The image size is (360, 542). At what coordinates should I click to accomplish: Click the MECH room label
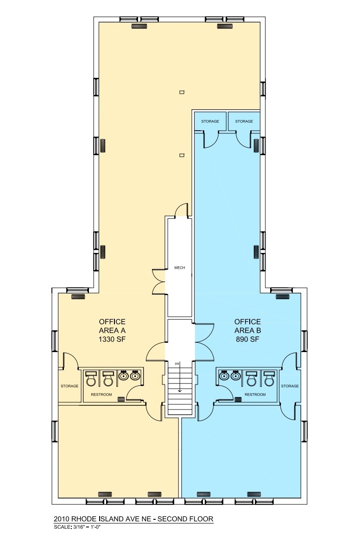[x=180, y=268]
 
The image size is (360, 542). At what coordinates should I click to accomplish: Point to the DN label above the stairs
[x=177, y=364]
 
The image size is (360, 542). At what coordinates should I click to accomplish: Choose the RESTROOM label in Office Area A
[x=101, y=394]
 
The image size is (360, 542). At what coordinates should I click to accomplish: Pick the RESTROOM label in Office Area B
[x=255, y=394]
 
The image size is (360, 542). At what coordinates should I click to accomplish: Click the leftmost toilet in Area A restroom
[x=91, y=378]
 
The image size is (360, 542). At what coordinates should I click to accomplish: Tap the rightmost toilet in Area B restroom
[x=268, y=378]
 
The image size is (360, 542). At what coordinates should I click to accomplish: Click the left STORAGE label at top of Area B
[x=210, y=121]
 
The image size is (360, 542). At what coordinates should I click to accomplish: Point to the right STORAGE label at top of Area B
[x=244, y=121]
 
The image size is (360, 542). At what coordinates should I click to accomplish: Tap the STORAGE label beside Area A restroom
[x=69, y=386]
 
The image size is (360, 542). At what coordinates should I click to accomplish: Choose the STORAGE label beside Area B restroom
[x=290, y=386]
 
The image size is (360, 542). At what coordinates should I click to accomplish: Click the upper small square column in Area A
[x=182, y=92]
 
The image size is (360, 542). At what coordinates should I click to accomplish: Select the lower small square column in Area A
[x=182, y=155]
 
